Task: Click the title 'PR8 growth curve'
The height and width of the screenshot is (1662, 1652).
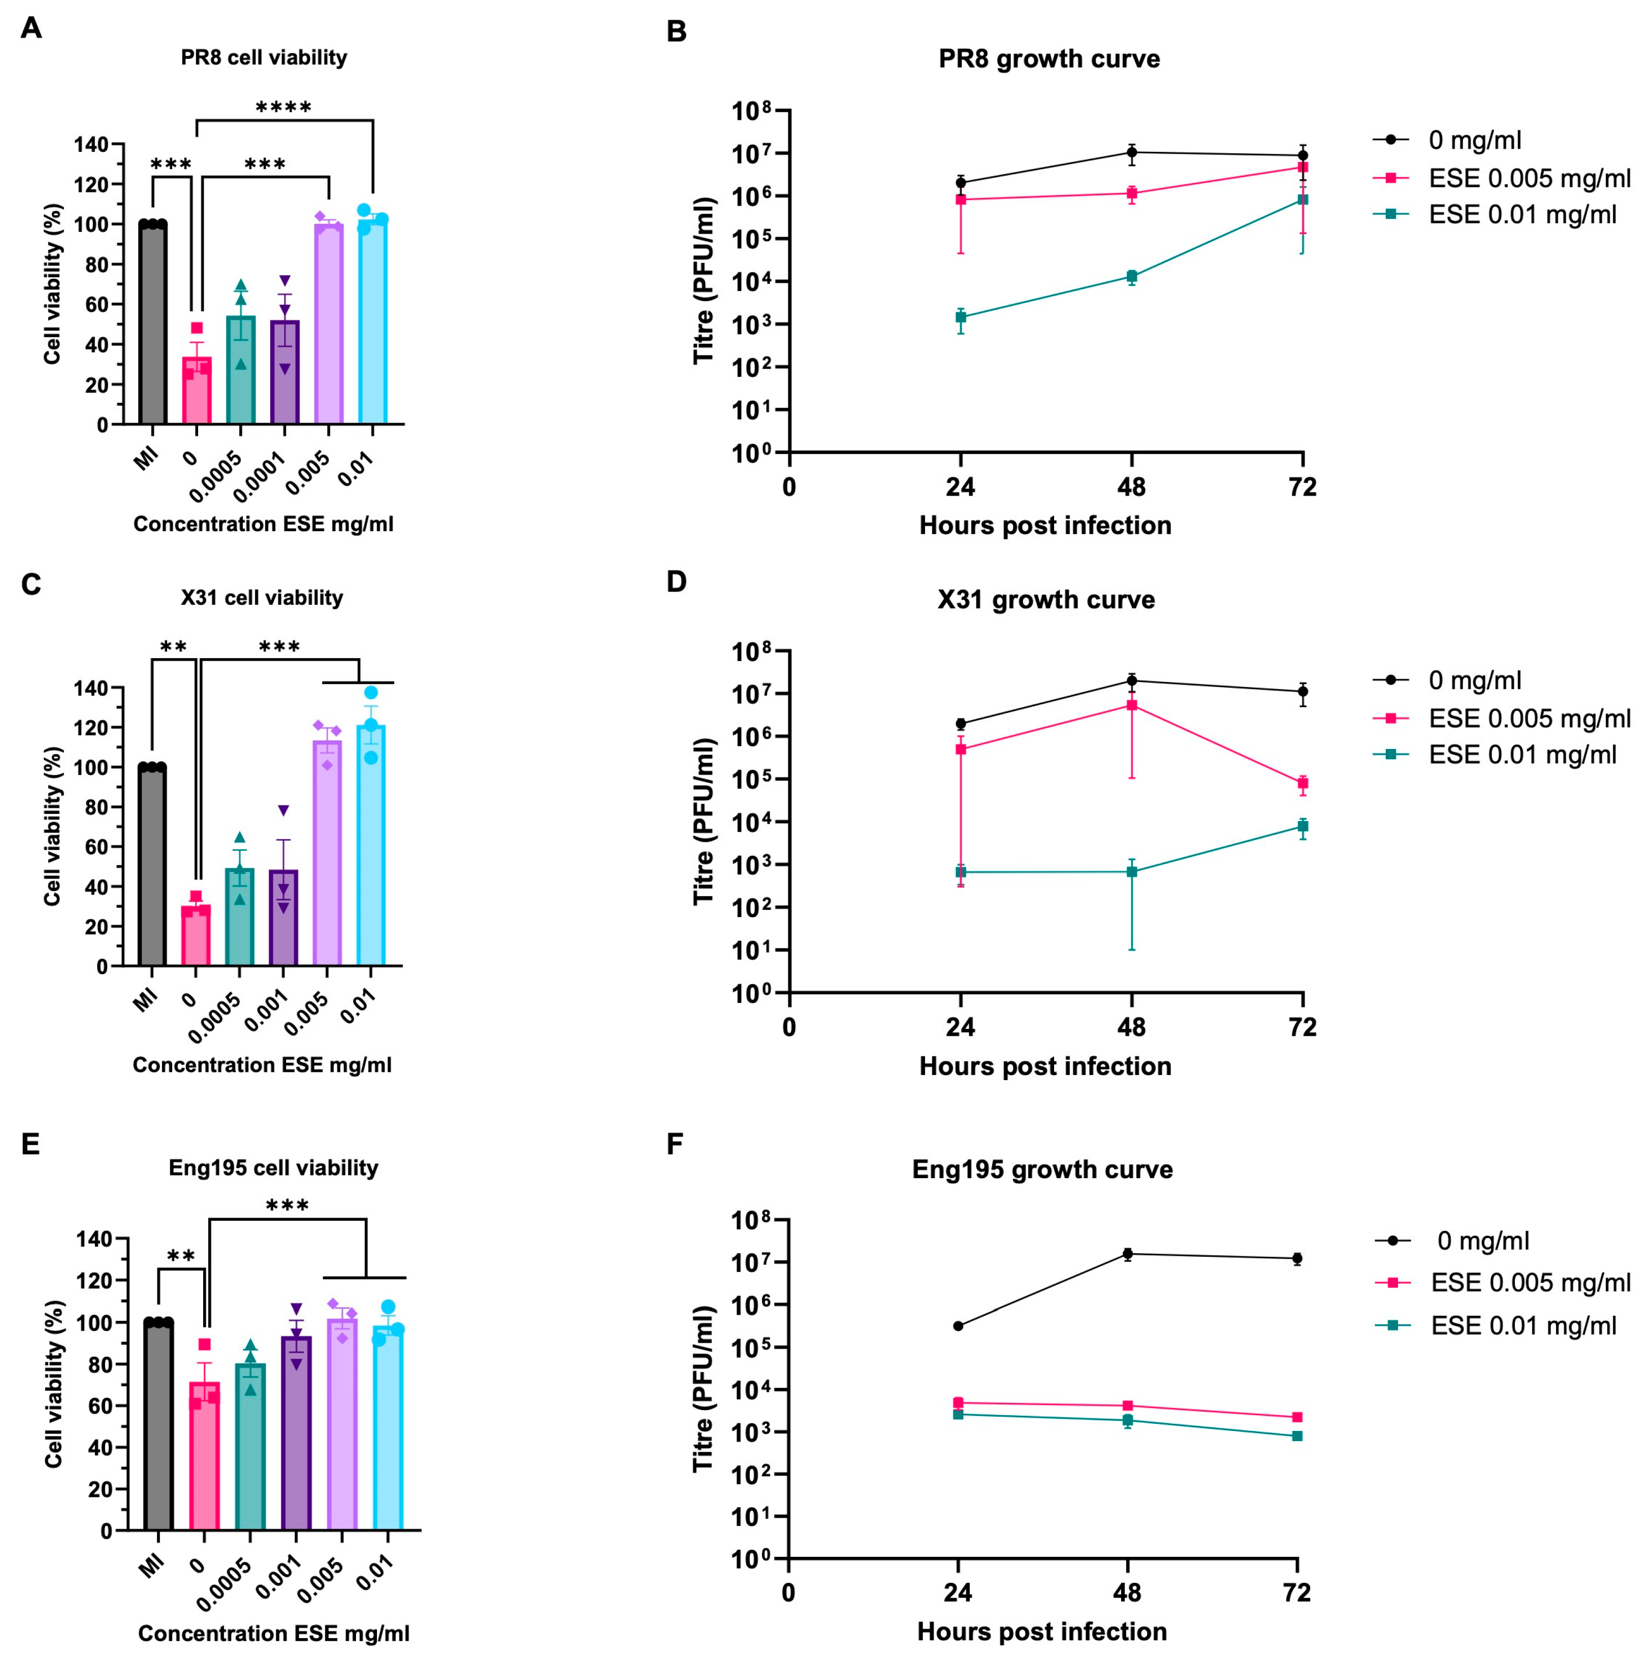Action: (x=1049, y=58)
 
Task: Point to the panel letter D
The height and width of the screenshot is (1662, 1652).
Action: (x=676, y=582)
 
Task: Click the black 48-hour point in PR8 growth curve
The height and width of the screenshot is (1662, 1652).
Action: (x=1131, y=152)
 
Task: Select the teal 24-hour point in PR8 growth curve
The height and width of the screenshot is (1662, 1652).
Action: (x=960, y=316)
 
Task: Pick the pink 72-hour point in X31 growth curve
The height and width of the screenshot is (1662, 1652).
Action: (x=1302, y=783)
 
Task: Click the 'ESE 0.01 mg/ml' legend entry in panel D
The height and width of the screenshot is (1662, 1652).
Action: (x=1522, y=755)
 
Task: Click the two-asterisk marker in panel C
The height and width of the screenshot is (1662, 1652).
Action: (x=174, y=646)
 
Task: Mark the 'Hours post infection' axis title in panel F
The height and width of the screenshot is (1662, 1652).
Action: (x=1042, y=1631)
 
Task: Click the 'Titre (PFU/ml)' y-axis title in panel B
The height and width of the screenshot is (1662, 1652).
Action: (x=704, y=280)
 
